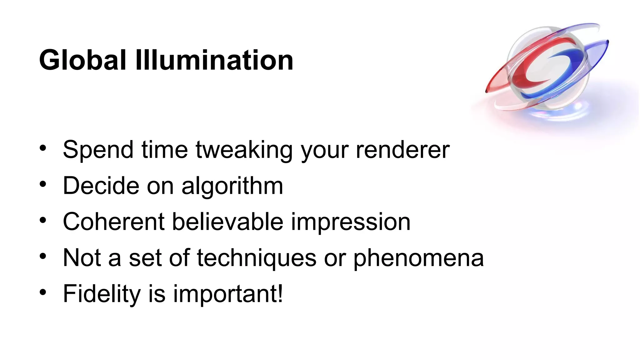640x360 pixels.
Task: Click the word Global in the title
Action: (x=82, y=60)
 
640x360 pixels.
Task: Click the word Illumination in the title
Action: (x=214, y=60)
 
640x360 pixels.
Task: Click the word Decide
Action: (x=101, y=186)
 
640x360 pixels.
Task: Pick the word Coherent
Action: (x=113, y=222)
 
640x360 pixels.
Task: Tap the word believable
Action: (x=227, y=222)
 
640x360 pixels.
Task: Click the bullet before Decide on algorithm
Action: (x=43, y=184)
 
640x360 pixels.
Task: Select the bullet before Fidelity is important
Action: (x=43, y=292)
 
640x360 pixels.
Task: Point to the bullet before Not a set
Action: (x=43, y=256)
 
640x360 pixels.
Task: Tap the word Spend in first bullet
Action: (x=98, y=150)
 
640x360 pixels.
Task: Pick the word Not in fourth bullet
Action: (x=81, y=258)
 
